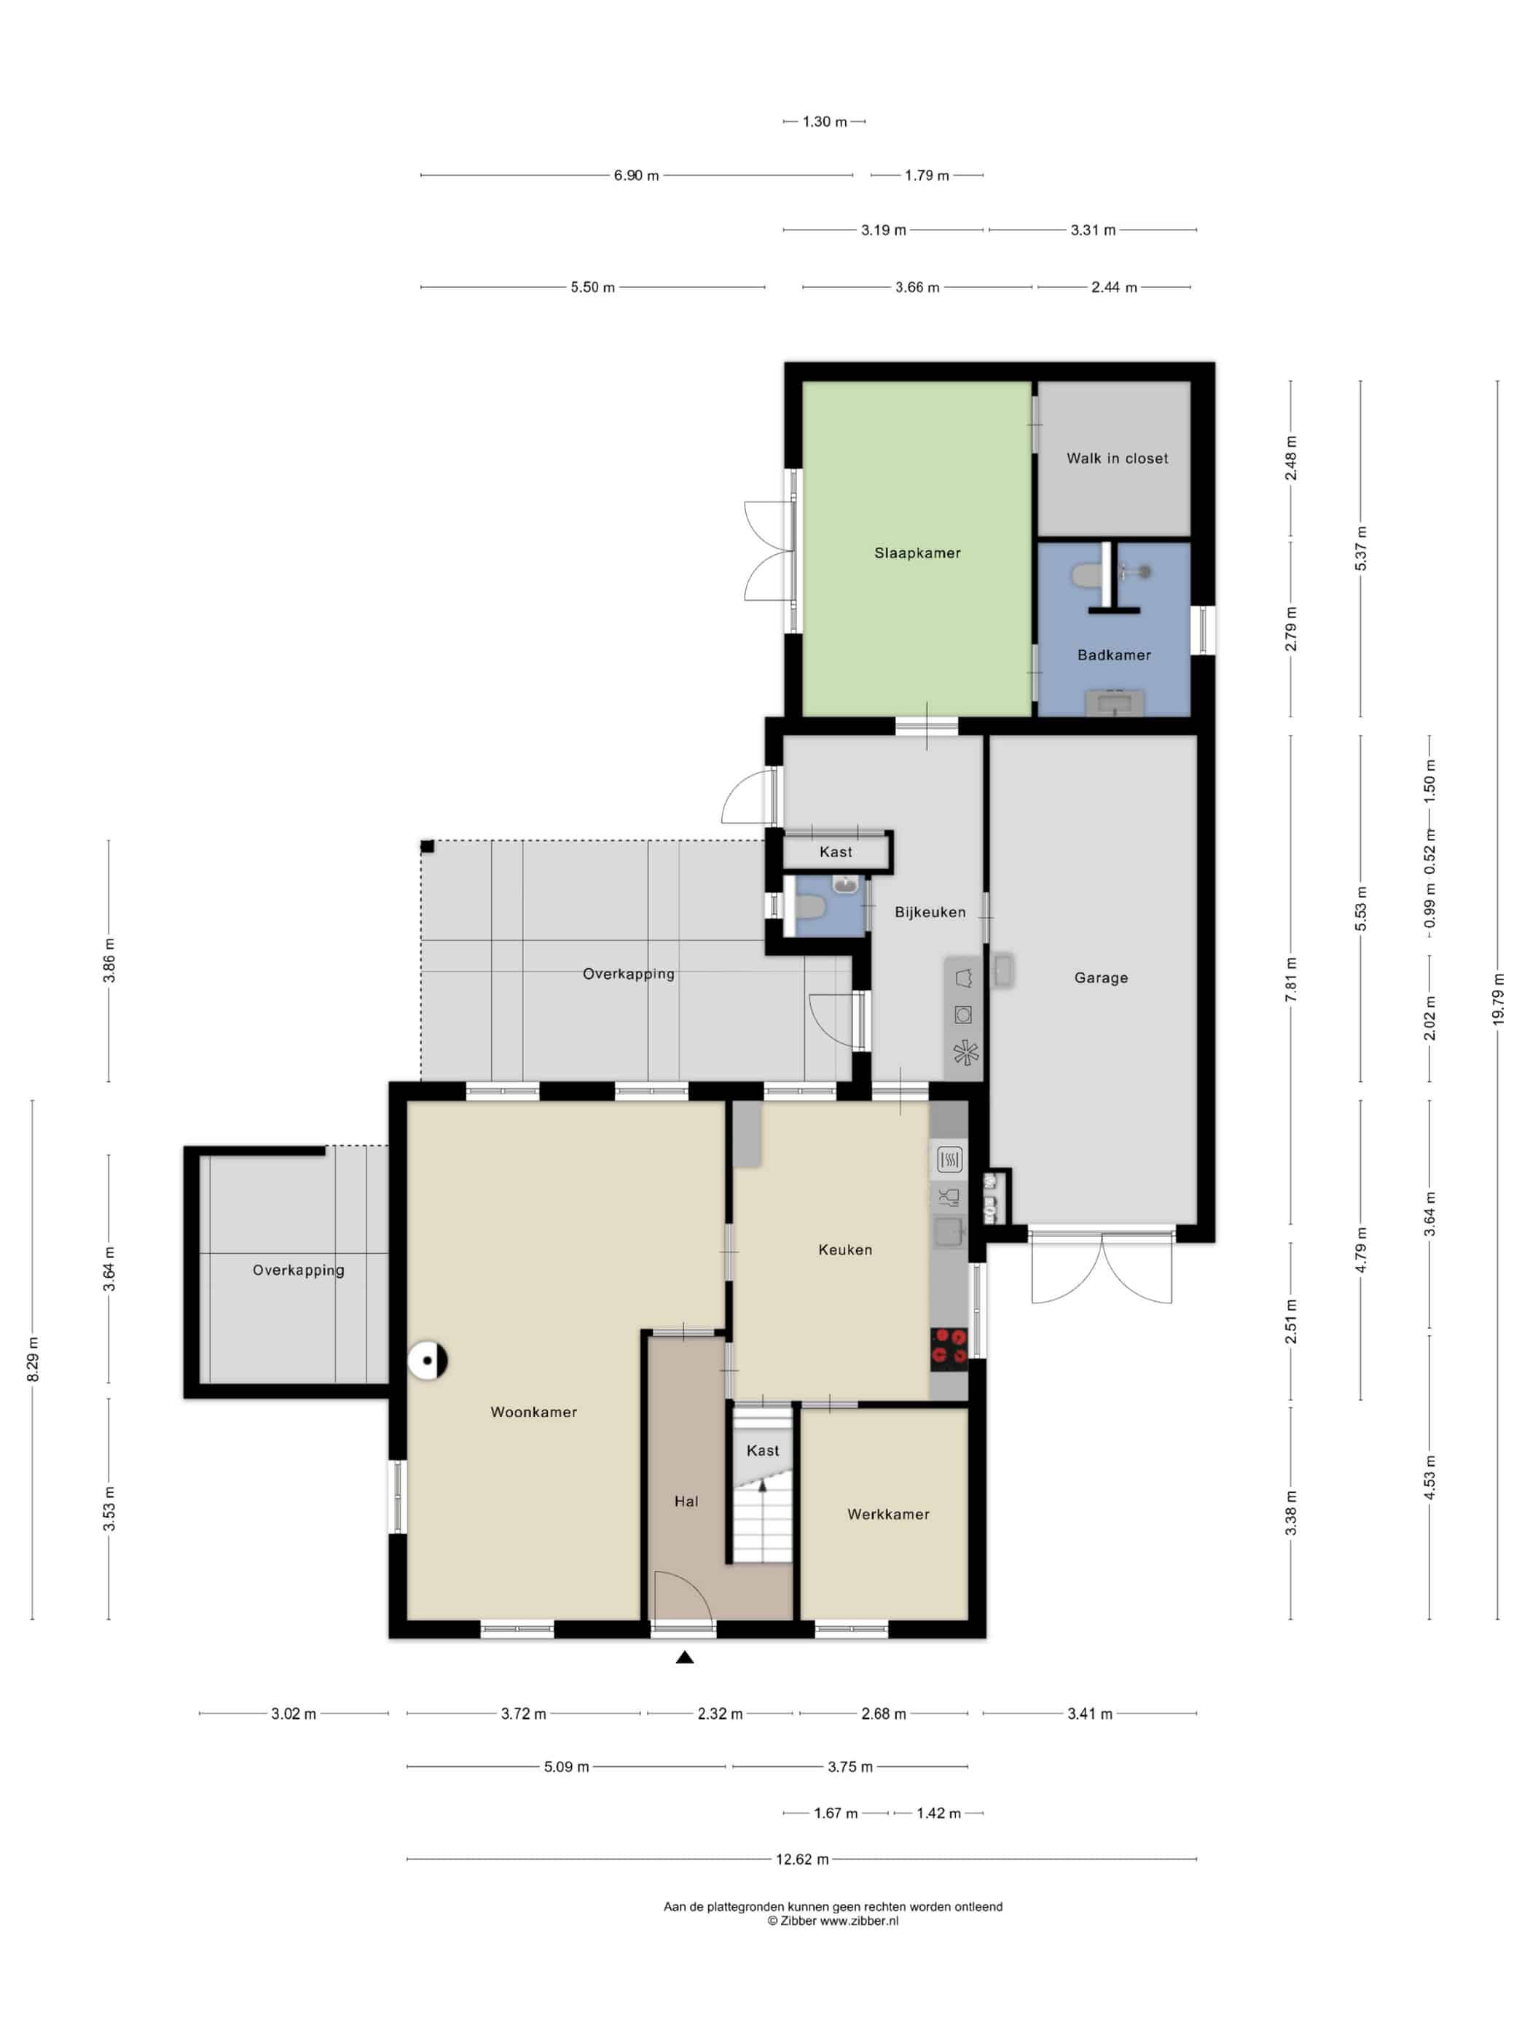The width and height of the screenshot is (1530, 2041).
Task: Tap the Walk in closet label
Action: click(1117, 458)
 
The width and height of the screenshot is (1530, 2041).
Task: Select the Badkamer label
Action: click(1114, 655)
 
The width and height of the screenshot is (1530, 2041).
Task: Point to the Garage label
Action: click(1100, 978)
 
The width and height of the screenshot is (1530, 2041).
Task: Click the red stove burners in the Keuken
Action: click(949, 1346)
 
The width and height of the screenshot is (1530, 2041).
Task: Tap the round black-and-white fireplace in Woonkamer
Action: click(428, 1360)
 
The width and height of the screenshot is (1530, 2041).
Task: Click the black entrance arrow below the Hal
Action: click(684, 1657)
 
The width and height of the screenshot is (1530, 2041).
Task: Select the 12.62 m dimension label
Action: click(801, 1859)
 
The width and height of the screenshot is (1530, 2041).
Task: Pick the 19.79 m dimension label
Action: click(1498, 999)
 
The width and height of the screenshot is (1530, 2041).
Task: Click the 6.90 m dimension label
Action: click(636, 176)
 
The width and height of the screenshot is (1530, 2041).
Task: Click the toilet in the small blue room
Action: click(809, 909)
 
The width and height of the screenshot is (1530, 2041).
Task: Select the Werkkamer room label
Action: click(888, 1514)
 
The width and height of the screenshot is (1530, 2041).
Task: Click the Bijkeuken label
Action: click(930, 912)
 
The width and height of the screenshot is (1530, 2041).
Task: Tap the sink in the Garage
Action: click(1003, 971)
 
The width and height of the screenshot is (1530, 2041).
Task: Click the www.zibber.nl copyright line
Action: click(832, 1921)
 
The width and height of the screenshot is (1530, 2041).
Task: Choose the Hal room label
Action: click(686, 1501)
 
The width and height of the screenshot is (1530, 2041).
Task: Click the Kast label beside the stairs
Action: click(763, 1451)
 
